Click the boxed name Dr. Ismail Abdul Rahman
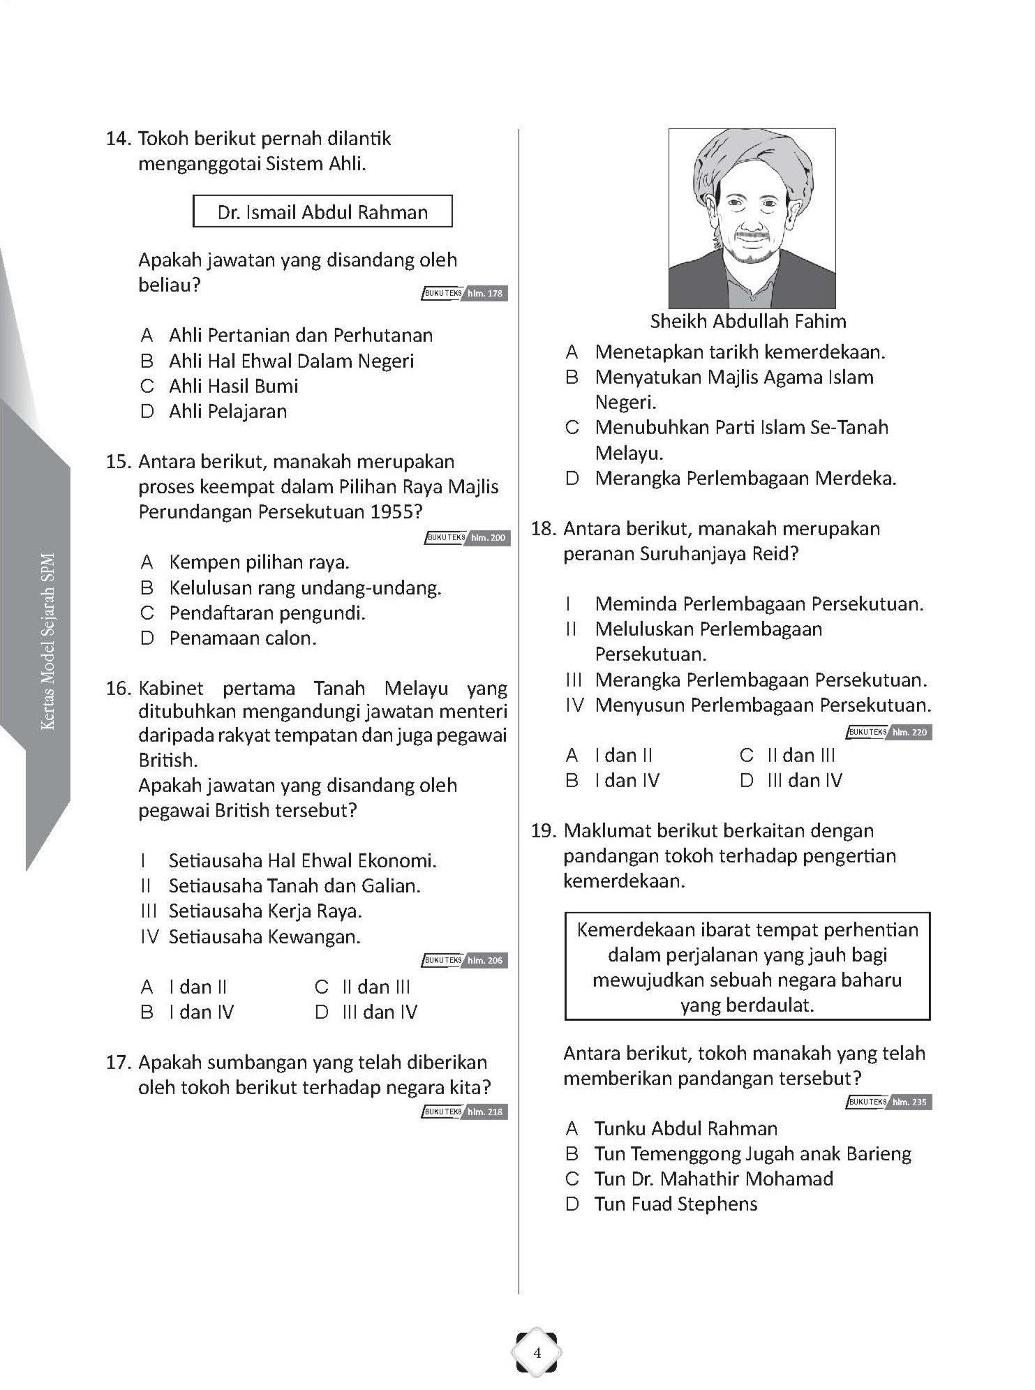pos(322,212)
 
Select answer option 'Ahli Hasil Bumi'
pos(233,386)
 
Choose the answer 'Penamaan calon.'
pos(242,638)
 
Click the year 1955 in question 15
pos(395,512)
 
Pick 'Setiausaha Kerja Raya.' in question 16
pos(265,911)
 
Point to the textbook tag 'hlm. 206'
pos(484,960)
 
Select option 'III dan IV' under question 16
pos(379,1012)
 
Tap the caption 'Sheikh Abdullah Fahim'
pos(747,322)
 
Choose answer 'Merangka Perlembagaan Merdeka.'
pos(745,479)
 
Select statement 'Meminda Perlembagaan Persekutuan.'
pos(759,604)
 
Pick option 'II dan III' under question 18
pos(801,755)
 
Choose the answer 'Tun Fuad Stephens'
pos(675,1204)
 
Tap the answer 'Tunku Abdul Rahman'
pos(685,1128)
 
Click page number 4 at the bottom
pos(537,1353)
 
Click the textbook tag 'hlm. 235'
pos(909,1103)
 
